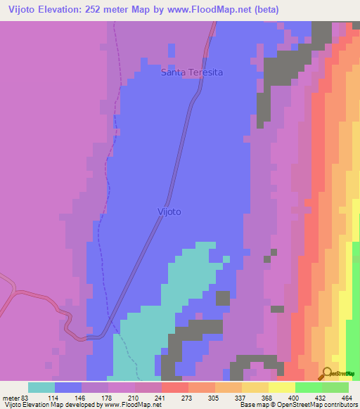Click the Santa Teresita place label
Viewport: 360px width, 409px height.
pos(191,72)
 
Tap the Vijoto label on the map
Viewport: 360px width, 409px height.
pos(169,211)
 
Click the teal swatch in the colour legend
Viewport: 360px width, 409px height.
pos(41,387)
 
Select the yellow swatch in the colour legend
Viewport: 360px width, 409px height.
pos(282,387)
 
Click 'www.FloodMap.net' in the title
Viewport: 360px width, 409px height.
pos(207,10)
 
